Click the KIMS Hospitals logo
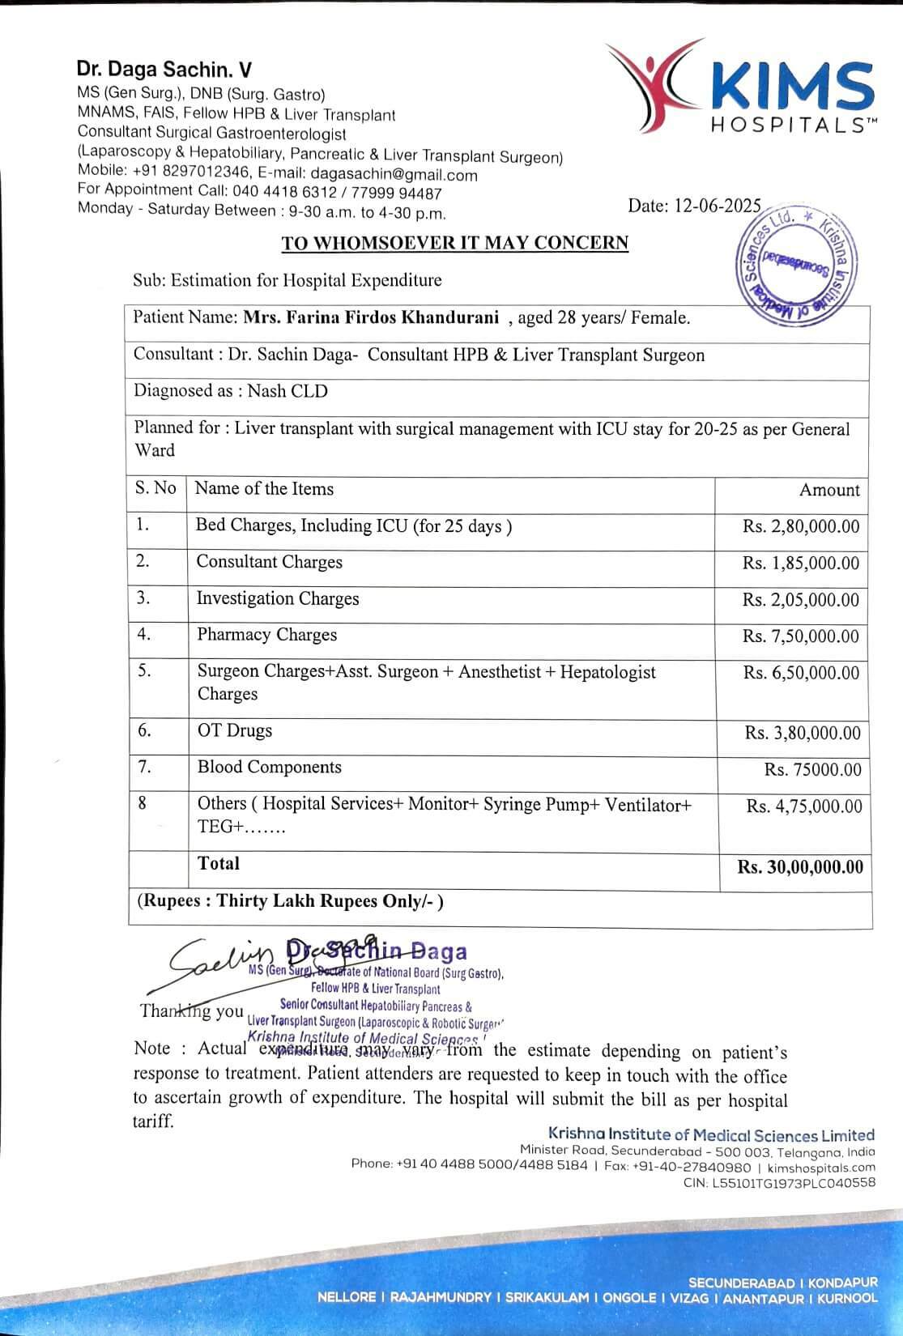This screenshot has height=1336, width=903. (740, 87)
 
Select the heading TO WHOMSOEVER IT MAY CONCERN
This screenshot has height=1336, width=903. (454, 243)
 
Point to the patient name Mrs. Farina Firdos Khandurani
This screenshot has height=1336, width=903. (371, 317)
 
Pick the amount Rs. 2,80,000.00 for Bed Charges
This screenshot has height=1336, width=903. (800, 526)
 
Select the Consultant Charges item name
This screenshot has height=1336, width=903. (269, 562)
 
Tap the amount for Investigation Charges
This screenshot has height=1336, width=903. (800, 600)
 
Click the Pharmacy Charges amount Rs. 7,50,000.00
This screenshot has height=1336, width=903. (800, 636)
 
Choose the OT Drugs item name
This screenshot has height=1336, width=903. (235, 730)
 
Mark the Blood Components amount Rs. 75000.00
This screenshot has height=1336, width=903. (812, 769)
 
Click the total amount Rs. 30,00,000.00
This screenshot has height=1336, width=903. (799, 867)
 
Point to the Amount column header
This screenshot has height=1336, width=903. (829, 490)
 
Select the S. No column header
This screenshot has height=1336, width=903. (155, 488)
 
